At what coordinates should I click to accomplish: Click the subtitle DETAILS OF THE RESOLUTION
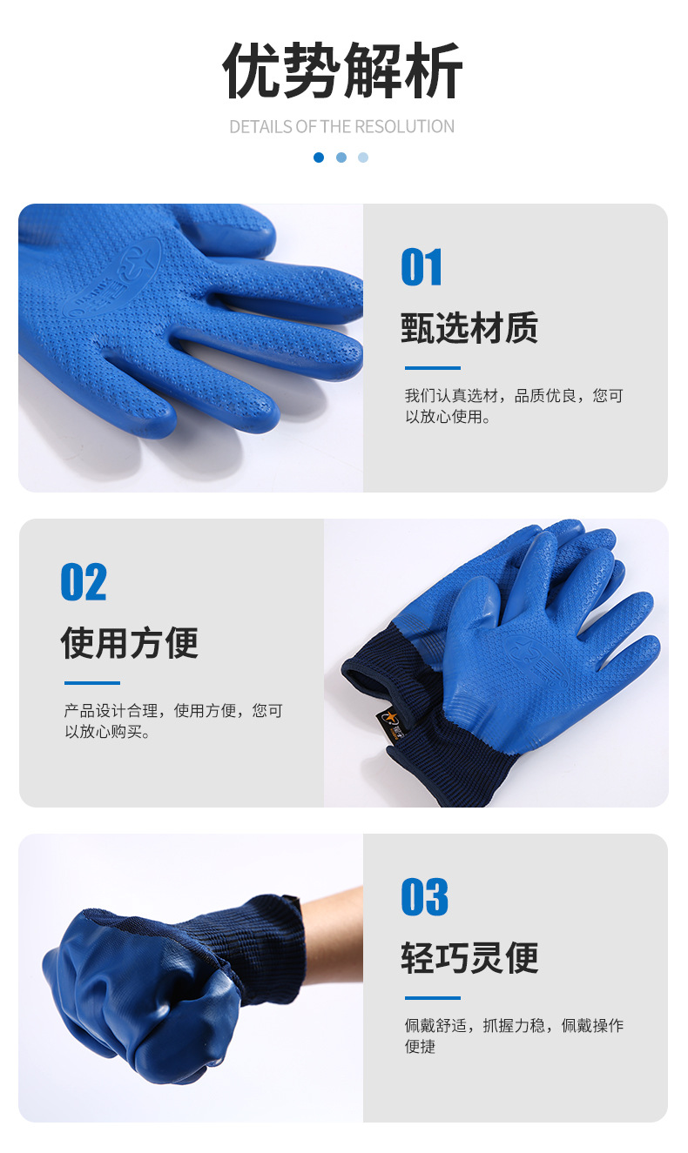point(342,127)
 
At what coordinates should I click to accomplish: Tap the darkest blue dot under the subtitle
point(319,158)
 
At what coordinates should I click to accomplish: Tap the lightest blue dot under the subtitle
point(363,158)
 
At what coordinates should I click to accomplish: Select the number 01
point(422,266)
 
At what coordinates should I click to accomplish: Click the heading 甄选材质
point(469,327)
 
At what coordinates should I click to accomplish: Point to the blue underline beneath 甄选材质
point(433,368)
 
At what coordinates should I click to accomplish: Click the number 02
point(84,581)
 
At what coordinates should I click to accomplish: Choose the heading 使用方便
point(129,642)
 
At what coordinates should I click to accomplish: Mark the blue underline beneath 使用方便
point(92,683)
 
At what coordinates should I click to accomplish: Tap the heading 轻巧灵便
point(469,957)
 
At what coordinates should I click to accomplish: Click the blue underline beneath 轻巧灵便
point(433,998)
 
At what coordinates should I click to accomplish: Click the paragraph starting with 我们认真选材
point(514,406)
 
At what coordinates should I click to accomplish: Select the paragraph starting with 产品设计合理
point(173,721)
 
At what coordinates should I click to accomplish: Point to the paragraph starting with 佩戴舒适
point(514,1036)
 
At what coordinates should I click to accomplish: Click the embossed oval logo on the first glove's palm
point(112,278)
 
